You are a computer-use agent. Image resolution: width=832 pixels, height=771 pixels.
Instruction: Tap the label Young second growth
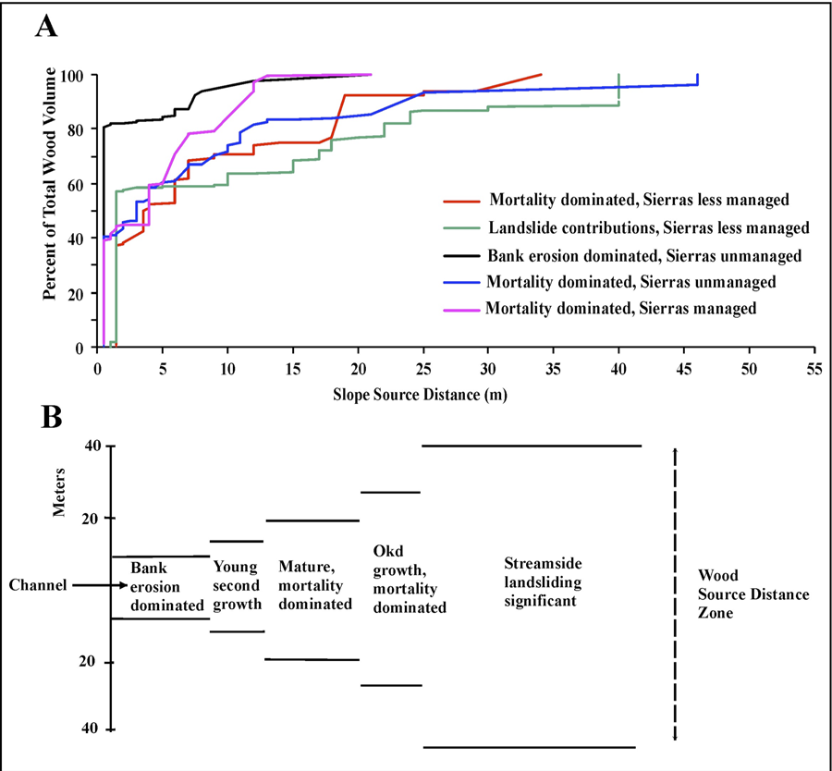pyautogui.click(x=236, y=585)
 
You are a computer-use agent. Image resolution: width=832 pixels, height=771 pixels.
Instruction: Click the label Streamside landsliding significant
pyautogui.click(x=541, y=581)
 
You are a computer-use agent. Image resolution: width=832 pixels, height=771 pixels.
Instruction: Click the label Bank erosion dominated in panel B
pyautogui.click(x=166, y=586)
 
